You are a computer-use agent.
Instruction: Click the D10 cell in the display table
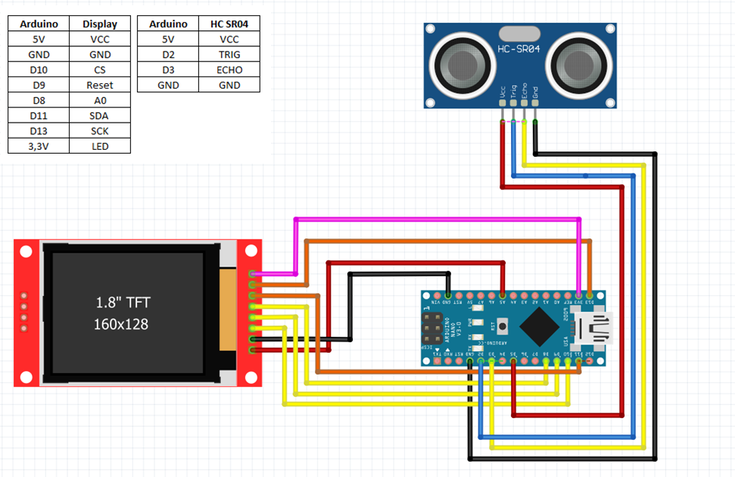pyautogui.click(x=38, y=70)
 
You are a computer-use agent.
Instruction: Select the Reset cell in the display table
pyautogui.click(x=99, y=86)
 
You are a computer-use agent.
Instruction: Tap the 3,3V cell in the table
pyautogui.click(x=38, y=146)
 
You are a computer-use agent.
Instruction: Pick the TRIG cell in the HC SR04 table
pyautogui.click(x=229, y=55)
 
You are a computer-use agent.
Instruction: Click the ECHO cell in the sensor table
pyautogui.click(x=229, y=70)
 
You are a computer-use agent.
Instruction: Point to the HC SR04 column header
pyautogui.click(x=229, y=24)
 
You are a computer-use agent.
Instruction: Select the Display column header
pyautogui.click(x=99, y=24)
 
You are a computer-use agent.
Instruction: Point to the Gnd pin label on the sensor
pyautogui.click(x=536, y=95)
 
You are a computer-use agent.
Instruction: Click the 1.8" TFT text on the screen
pyautogui.click(x=123, y=303)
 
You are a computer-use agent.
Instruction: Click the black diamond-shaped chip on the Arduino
pyautogui.click(x=540, y=327)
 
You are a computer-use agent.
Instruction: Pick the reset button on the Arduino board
pyautogui.click(x=502, y=327)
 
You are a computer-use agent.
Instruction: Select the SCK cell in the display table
pyautogui.click(x=99, y=131)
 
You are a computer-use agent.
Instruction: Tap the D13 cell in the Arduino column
pyautogui.click(x=38, y=131)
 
